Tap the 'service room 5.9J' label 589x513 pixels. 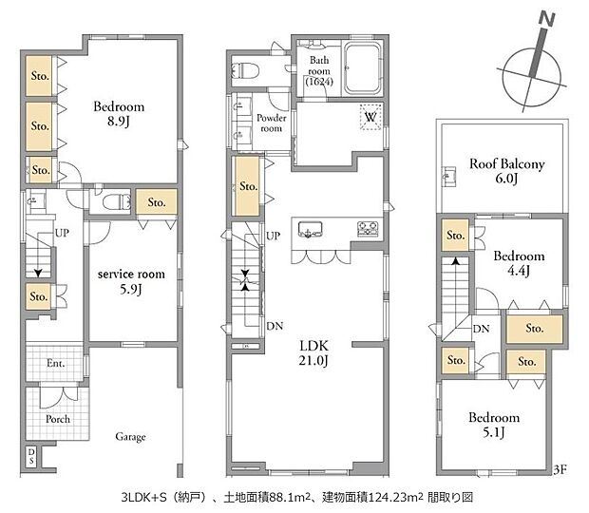point(131,281)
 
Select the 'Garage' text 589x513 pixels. point(130,437)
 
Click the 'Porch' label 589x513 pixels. point(58,419)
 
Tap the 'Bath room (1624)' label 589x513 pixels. point(317,71)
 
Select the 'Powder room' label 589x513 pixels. point(271,123)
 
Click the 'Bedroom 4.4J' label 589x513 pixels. point(519,263)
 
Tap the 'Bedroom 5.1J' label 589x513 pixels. point(493,425)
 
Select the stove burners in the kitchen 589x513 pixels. point(367,229)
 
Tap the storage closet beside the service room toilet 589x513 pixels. point(156,201)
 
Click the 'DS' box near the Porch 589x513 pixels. point(31,456)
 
